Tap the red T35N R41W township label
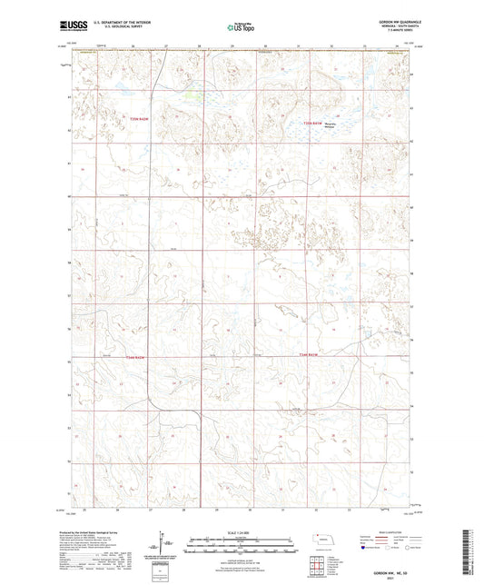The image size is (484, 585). click(x=312, y=123)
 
